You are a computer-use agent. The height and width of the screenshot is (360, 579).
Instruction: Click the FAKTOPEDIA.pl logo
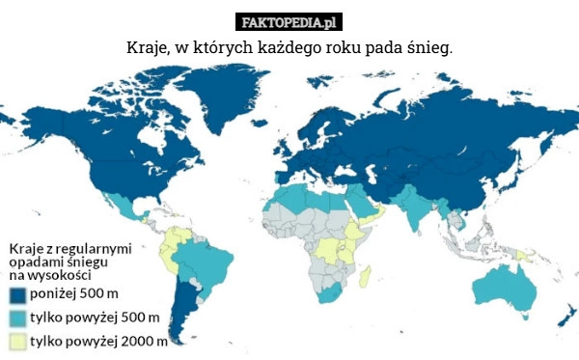(289, 21)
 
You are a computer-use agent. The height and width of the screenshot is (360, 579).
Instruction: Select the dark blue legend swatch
(18, 293)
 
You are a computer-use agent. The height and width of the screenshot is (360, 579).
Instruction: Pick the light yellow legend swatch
(18, 341)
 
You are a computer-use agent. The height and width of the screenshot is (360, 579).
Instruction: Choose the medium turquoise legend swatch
(18, 318)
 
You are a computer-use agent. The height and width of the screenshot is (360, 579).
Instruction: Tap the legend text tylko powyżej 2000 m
(98, 341)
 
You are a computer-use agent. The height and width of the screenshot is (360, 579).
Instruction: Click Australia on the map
(502, 290)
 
